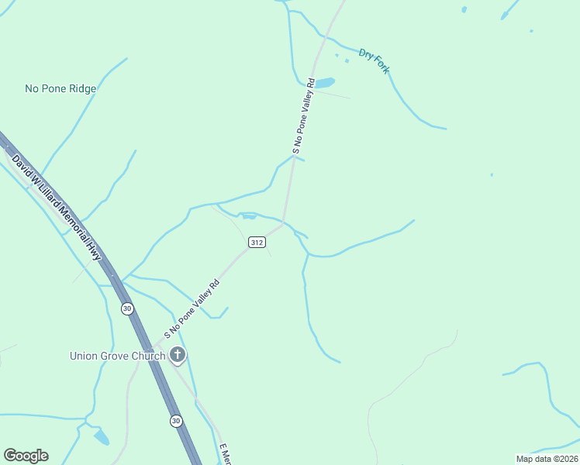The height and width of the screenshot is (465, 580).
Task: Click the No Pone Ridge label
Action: pyautogui.click(x=60, y=88)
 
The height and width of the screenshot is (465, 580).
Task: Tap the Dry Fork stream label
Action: pyautogui.click(x=374, y=61)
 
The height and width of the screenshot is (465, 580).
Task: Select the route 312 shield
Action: pyautogui.click(x=257, y=243)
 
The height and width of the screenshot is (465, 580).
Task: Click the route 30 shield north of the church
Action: pyautogui.click(x=127, y=308)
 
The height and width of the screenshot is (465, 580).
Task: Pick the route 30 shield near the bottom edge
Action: pyautogui.click(x=177, y=421)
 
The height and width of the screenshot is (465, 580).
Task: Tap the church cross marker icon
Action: pyautogui.click(x=178, y=356)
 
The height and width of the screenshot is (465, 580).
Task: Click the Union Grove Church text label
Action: pyautogui.click(x=117, y=356)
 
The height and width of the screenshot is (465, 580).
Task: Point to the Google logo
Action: pyautogui.click(x=26, y=456)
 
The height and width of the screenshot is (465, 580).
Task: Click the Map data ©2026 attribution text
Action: pyautogui.click(x=547, y=458)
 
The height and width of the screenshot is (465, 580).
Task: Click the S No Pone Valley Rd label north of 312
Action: pyautogui.click(x=303, y=115)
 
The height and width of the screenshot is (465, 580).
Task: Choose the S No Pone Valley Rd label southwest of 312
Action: pyautogui.click(x=192, y=309)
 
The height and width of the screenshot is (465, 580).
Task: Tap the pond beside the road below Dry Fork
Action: pyautogui.click(x=323, y=83)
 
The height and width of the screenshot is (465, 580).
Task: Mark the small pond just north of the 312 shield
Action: pyautogui.click(x=249, y=216)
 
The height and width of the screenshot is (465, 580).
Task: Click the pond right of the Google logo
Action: pyautogui.click(x=102, y=438)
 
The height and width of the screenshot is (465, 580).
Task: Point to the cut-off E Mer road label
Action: pyautogui.click(x=225, y=455)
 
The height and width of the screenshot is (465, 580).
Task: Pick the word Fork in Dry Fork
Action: pyautogui.click(x=381, y=64)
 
